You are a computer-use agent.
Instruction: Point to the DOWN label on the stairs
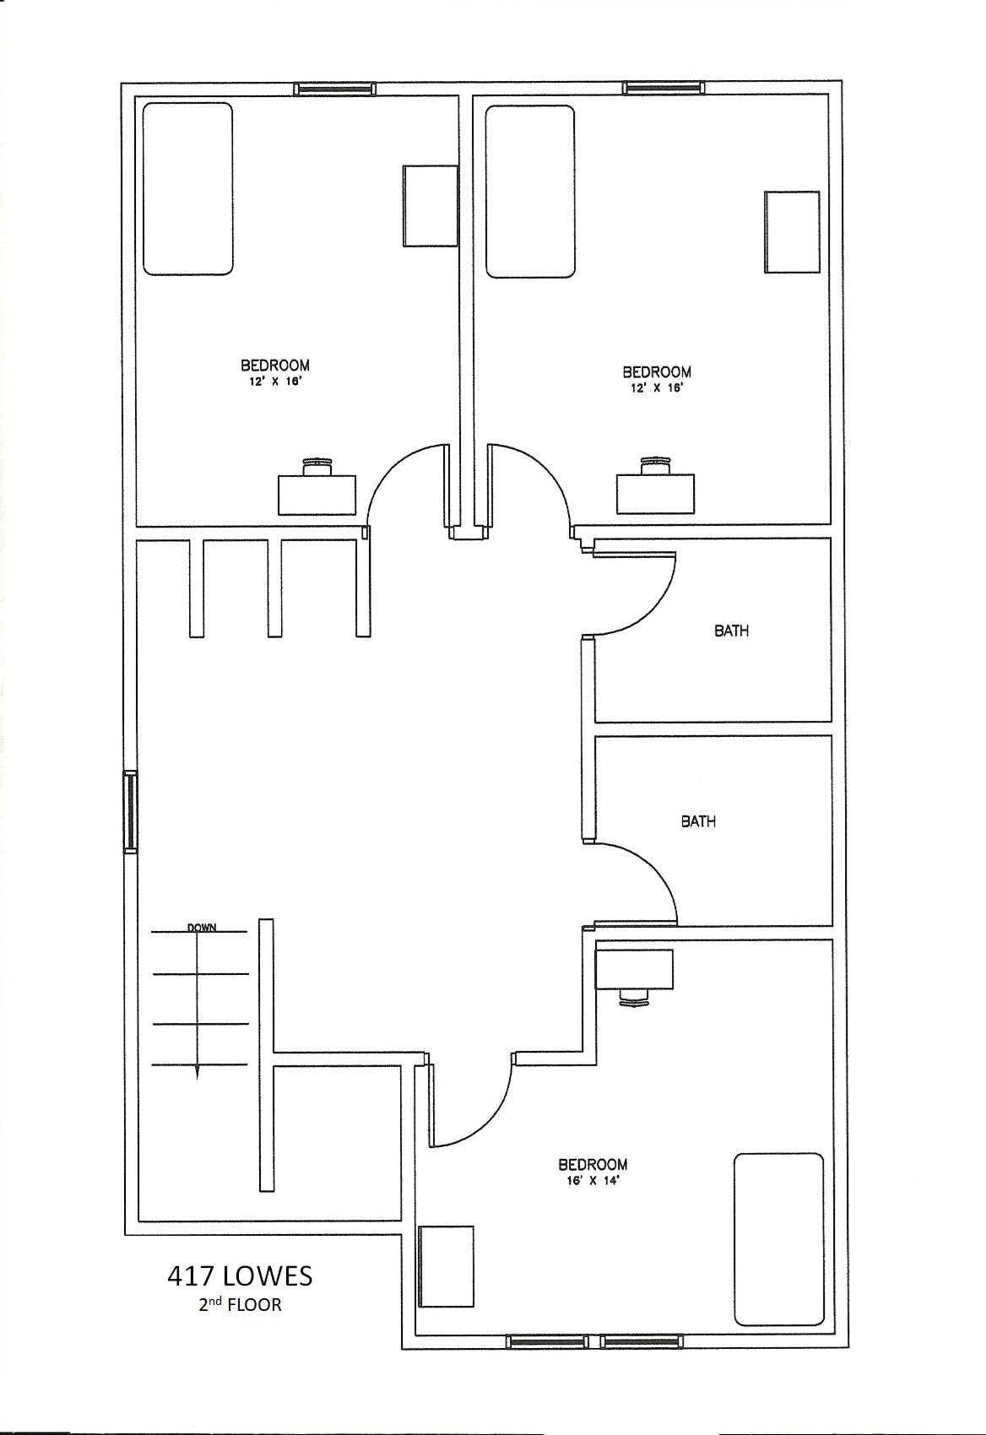202,927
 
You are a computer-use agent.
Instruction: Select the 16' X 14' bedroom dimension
592,1181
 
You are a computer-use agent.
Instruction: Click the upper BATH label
731,631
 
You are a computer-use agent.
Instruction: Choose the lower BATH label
697,821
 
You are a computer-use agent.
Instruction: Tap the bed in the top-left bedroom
187,189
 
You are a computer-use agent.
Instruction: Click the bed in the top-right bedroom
530,192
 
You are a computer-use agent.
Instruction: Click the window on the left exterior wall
131,811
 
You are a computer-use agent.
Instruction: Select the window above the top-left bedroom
334,89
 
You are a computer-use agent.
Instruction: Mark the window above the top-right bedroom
664,88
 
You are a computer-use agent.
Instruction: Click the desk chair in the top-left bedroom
317,466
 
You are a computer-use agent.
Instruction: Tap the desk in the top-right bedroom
655,494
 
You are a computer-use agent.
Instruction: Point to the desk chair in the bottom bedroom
634,998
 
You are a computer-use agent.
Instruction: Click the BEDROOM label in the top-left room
275,366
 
